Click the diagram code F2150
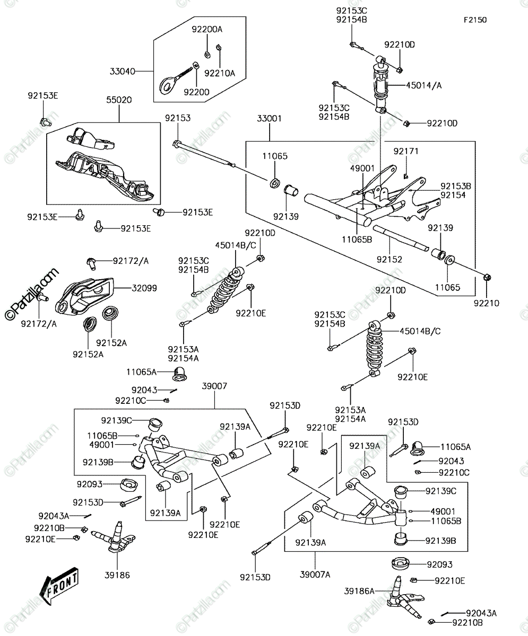click(475, 20)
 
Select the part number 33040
click(122, 71)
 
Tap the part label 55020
click(119, 100)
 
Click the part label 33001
click(269, 118)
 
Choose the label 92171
click(406, 151)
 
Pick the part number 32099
click(144, 288)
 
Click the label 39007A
click(315, 575)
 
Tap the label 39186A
click(359, 591)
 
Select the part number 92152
click(389, 259)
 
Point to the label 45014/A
click(423, 85)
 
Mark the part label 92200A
click(207, 29)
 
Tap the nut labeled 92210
click(487, 278)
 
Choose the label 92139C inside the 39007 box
click(117, 420)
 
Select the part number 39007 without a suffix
click(214, 386)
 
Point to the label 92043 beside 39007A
click(451, 461)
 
